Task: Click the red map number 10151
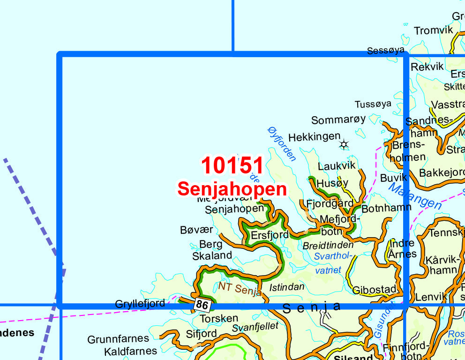[232, 166]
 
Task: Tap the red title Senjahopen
[232, 189]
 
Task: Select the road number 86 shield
[202, 305]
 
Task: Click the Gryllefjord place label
[140, 304]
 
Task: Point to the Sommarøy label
[338, 120]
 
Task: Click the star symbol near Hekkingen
[344, 144]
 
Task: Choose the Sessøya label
[385, 51]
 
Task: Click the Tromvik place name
[434, 30]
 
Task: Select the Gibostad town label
[375, 289]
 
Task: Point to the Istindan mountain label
[287, 287]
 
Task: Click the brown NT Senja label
[240, 288]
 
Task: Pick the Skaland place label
[212, 255]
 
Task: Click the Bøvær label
[196, 230]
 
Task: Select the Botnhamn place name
[386, 208]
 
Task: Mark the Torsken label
[219, 319]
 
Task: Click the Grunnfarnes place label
[118, 338]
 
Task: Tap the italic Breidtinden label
[328, 245]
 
